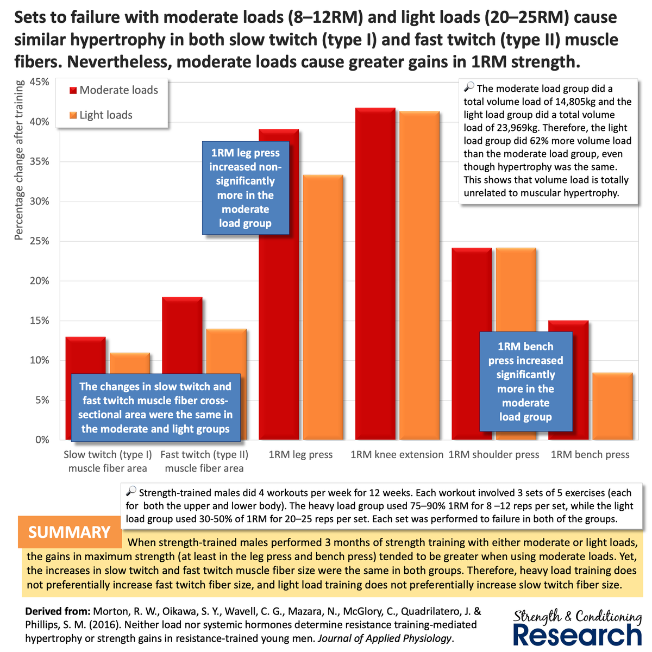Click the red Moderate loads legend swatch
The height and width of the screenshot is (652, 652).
(x=73, y=91)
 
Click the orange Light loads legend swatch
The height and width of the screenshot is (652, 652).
(x=73, y=116)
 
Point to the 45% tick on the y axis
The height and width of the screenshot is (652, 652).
(x=39, y=82)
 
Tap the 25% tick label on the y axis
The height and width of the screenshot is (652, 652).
(x=39, y=241)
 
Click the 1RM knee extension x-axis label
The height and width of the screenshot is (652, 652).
(x=397, y=455)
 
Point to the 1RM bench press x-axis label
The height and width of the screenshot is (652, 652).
(x=590, y=455)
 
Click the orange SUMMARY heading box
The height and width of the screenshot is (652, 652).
(x=70, y=532)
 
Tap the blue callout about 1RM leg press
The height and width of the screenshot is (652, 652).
(x=245, y=188)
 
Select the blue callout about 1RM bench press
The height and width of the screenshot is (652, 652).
(x=525, y=381)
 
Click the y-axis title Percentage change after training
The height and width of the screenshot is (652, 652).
(x=19, y=160)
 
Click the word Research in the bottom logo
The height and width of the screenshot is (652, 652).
(x=577, y=634)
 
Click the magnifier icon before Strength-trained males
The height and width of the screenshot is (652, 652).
(x=131, y=492)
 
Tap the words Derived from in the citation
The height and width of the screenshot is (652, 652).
(x=58, y=611)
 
